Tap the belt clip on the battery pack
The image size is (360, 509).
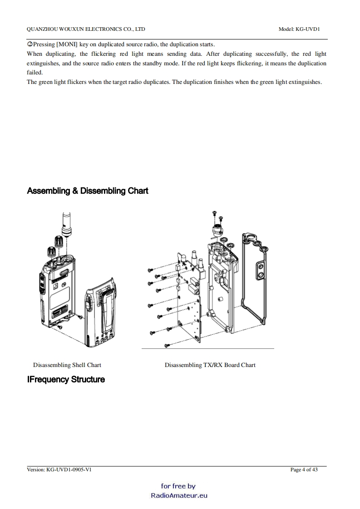(105, 308)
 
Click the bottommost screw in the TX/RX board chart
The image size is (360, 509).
(167, 346)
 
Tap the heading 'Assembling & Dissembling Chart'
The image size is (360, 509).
(88, 191)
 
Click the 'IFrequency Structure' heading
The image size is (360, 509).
(66, 379)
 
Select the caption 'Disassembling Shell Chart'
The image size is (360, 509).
(67, 365)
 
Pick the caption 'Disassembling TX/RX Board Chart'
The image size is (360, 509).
(210, 365)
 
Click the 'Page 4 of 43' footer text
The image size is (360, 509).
(304, 470)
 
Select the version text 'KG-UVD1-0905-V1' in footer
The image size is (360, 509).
(69, 470)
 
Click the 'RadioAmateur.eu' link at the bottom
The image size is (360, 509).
(179, 495)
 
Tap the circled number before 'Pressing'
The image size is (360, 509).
(30, 44)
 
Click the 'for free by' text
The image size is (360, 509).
(178, 486)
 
